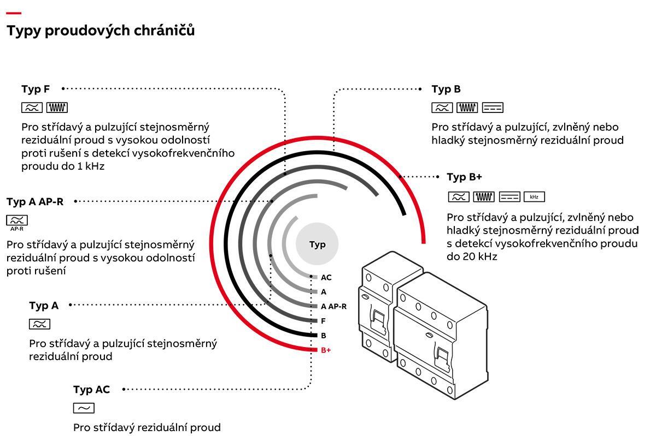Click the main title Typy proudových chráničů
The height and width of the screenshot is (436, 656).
[x=101, y=31]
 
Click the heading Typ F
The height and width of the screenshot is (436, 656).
[x=36, y=89]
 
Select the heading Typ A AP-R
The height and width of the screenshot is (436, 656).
[x=35, y=202]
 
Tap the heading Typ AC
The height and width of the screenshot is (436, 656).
[x=91, y=390]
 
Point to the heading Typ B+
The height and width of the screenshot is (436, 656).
[x=464, y=177]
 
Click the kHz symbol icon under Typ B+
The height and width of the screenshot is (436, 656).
[x=534, y=196]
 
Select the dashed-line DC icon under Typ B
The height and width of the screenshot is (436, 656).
[x=493, y=107]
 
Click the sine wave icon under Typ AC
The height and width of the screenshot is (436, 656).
[x=84, y=408]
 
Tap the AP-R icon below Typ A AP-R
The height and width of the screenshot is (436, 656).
[x=17, y=222]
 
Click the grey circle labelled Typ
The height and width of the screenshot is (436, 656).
[x=317, y=244]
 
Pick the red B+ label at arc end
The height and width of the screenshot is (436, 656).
[x=326, y=350]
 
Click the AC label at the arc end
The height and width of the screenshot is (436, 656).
[x=326, y=278]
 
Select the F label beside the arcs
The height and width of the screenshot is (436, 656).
[x=323, y=321]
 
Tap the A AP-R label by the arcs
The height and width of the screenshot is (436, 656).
[x=333, y=307]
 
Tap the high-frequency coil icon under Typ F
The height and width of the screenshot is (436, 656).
[x=57, y=107]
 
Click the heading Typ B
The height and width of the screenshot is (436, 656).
[x=446, y=89]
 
